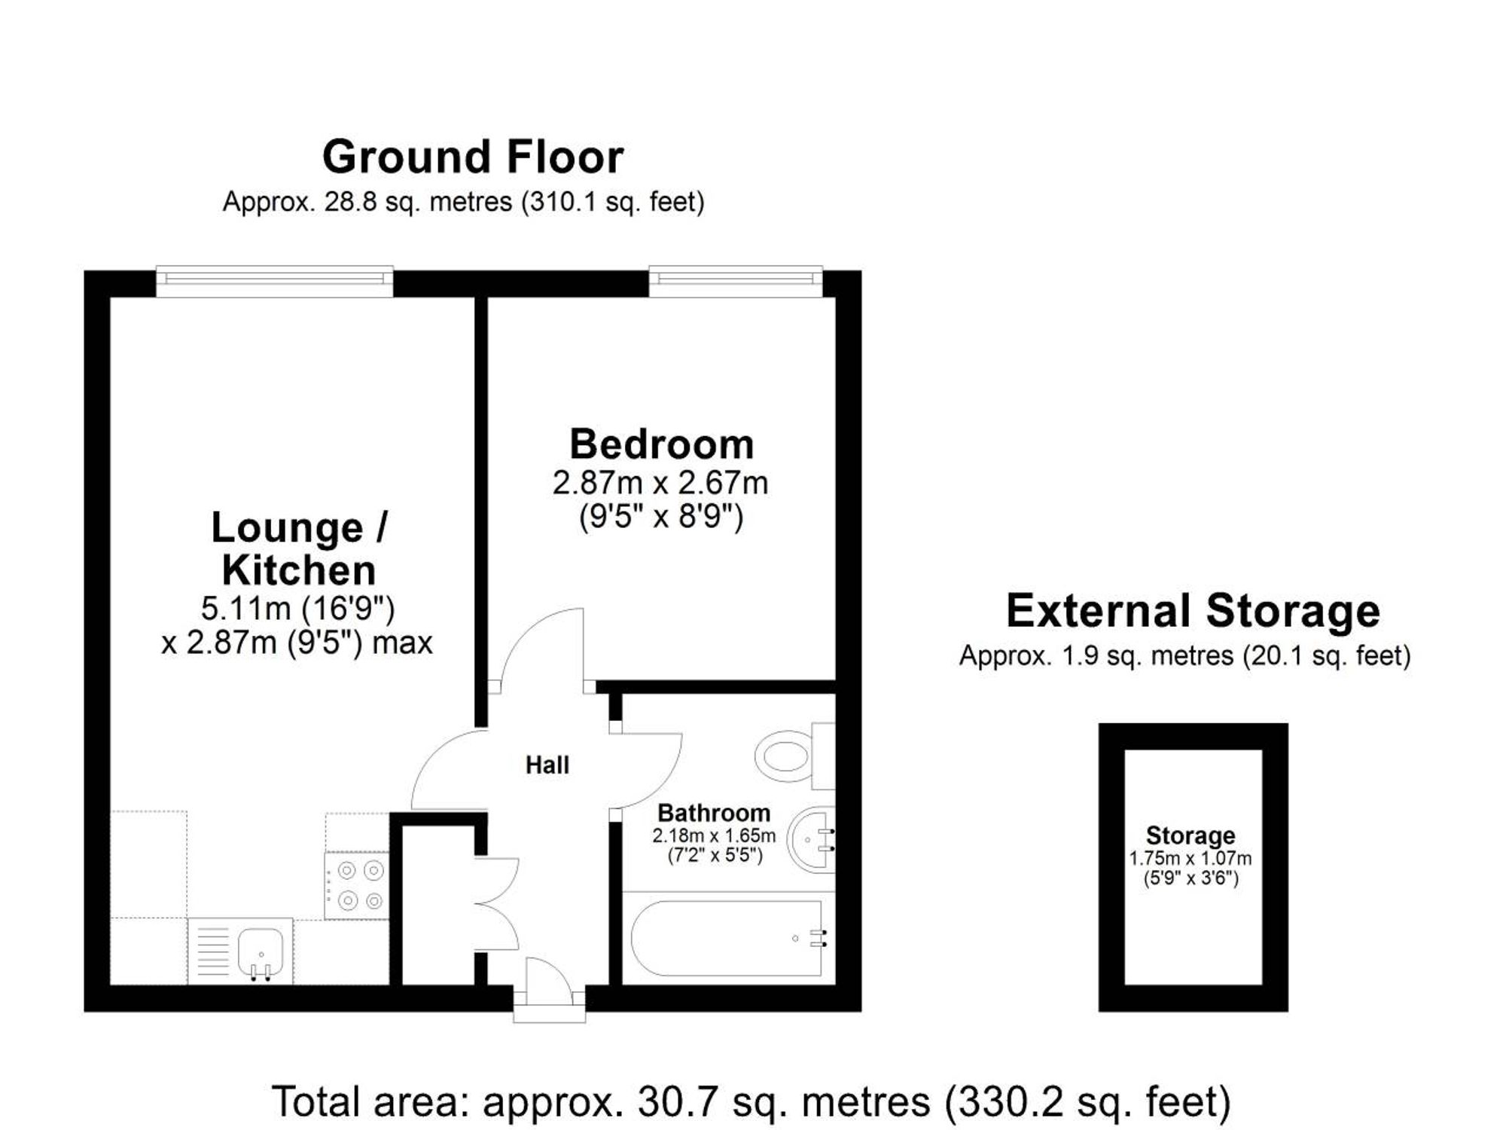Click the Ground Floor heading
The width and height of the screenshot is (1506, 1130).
473,157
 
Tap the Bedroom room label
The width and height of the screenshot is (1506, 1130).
661,444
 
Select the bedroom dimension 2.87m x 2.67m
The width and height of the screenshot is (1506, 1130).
660,483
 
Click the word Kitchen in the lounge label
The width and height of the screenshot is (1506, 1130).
299,570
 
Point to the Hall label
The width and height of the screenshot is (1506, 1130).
547,765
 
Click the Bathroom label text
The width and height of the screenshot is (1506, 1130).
714,813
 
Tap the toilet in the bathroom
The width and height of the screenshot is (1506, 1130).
795,756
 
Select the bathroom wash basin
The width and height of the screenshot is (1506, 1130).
812,839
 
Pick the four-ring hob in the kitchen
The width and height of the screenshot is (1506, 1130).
357,886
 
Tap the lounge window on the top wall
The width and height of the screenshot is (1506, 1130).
275,280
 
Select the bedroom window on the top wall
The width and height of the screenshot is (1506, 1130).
736,280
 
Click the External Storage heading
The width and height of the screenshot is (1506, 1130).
1193,611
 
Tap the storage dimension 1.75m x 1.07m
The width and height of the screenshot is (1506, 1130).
1190,858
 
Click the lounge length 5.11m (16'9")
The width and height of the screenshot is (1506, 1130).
297,609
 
